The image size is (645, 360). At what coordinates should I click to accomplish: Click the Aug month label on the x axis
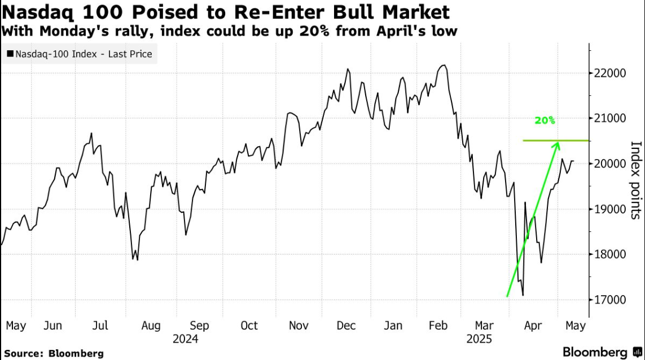click(x=151, y=326)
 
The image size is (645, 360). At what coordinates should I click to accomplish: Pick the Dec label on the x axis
click(x=346, y=326)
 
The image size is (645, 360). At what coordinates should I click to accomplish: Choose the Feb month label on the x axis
click(x=438, y=326)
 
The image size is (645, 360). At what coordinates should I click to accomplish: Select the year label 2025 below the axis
click(x=480, y=339)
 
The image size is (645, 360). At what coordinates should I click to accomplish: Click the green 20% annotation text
click(x=546, y=121)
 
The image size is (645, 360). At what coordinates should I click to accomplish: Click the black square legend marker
click(x=10, y=55)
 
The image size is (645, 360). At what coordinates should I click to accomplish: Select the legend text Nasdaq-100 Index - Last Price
click(x=84, y=55)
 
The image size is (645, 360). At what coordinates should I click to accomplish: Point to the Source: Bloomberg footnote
click(x=54, y=353)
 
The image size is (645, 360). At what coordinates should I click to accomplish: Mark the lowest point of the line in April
click(x=523, y=295)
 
